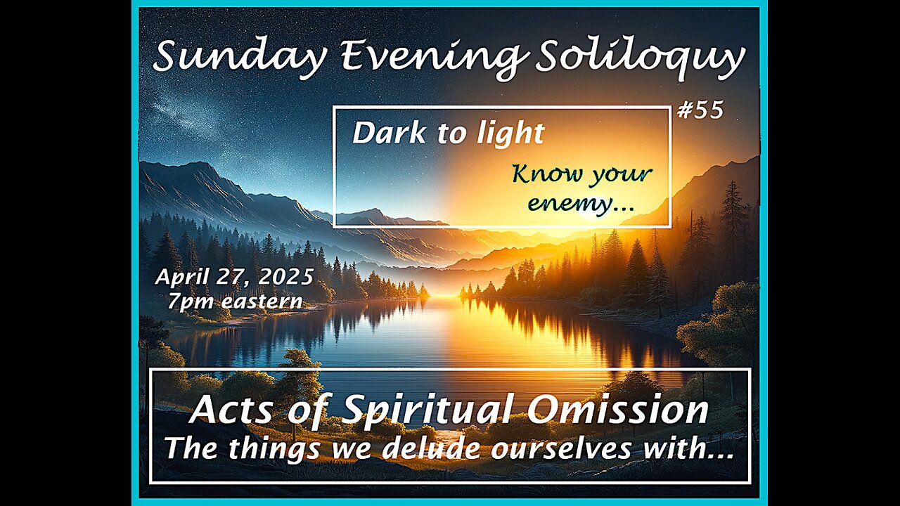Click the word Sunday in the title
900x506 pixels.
(239, 57)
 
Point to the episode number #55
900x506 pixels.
(700, 110)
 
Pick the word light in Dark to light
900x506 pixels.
(510, 134)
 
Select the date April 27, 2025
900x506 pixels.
(234, 277)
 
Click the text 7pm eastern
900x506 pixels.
(235, 302)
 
